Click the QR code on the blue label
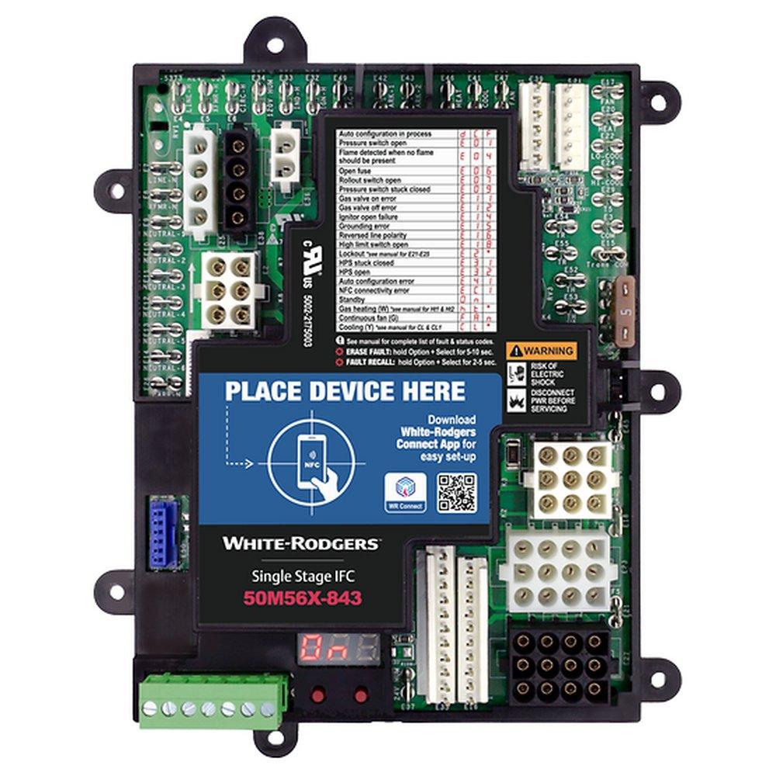tap(456, 492)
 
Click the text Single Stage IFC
tap(302, 576)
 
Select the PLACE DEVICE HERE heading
tap(345, 390)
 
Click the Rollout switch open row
tap(369, 179)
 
